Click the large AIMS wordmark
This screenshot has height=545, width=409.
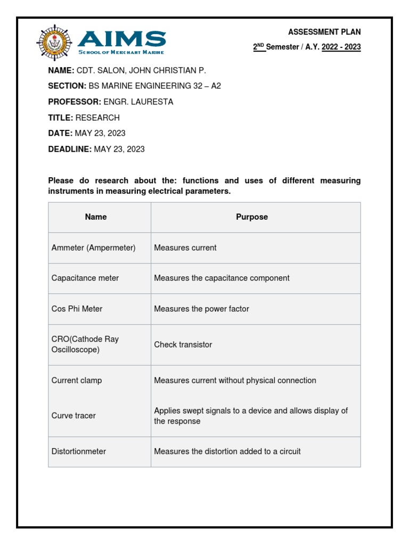click(x=122, y=39)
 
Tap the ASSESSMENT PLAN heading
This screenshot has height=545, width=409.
click(x=324, y=32)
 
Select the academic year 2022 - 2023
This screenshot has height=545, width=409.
click(x=341, y=47)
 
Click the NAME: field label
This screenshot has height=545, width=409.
click(x=61, y=70)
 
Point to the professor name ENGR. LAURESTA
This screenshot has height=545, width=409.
click(x=138, y=102)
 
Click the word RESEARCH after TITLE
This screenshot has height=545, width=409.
click(x=97, y=118)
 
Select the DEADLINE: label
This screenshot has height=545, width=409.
click(x=70, y=149)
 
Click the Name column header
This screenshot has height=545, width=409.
click(x=96, y=217)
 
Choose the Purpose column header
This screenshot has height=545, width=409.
click(x=252, y=217)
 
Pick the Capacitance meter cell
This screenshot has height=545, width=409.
click(x=85, y=278)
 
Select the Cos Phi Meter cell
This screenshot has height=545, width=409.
click(x=77, y=309)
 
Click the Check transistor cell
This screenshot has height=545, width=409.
click(x=183, y=345)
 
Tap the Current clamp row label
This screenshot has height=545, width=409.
click(x=77, y=381)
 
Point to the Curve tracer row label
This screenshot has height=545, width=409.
click(x=73, y=416)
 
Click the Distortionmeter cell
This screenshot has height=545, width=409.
click(x=79, y=451)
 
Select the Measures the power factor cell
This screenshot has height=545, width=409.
click(x=201, y=309)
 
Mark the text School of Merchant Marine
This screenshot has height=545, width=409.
click(x=121, y=52)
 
